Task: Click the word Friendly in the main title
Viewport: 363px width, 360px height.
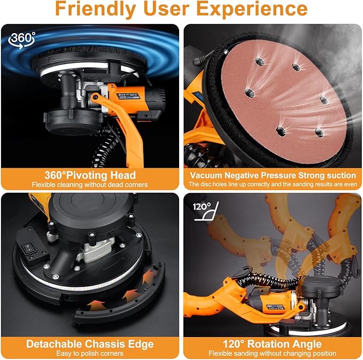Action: tap(96, 10)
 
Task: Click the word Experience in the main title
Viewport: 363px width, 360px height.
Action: tap(252, 9)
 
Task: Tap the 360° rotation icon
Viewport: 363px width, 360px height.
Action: tap(22, 40)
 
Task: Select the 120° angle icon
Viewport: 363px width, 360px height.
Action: tap(206, 211)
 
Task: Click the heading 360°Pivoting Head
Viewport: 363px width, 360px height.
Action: tap(90, 175)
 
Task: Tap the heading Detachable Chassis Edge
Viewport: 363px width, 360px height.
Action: tap(90, 344)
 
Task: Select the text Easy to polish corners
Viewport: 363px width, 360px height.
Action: tap(90, 353)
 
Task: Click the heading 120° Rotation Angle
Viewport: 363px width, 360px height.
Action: tap(272, 344)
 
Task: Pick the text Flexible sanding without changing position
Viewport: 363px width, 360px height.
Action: tap(272, 353)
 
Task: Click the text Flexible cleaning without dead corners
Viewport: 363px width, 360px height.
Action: tap(90, 185)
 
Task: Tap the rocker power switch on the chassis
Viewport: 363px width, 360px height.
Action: tap(28, 248)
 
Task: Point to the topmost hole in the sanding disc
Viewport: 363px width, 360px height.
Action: tap(260, 62)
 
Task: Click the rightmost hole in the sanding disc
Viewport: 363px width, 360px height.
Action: tap(324, 100)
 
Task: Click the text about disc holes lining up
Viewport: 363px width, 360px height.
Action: tap(273, 184)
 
